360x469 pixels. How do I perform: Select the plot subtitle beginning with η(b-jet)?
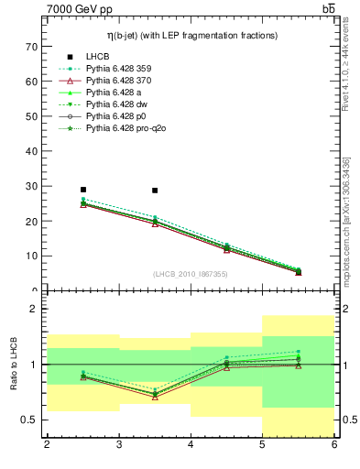point(190,34)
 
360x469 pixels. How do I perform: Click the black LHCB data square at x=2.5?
point(83,190)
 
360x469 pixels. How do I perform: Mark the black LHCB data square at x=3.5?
point(155,191)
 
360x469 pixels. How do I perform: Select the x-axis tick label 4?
point(191,445)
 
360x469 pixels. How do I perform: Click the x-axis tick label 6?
point(333,445)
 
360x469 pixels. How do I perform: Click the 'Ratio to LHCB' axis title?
point(13,365)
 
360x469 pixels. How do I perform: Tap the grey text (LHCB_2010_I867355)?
point(190,274)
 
